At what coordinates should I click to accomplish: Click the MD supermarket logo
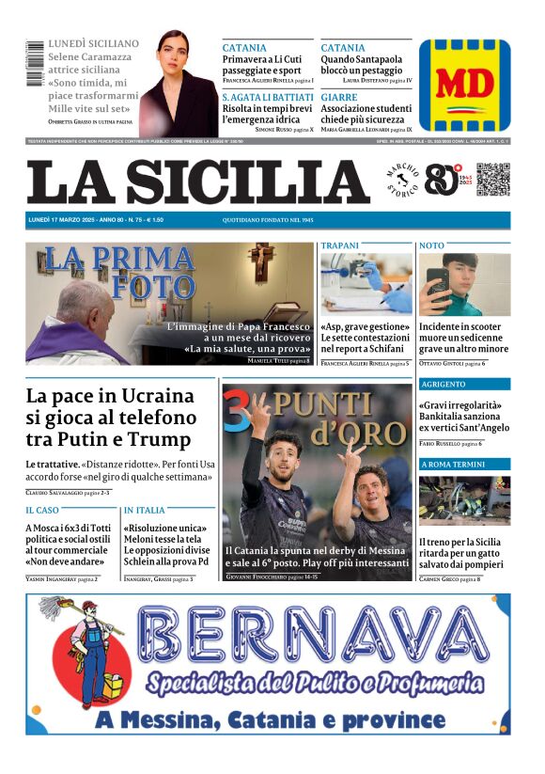coord(464,85)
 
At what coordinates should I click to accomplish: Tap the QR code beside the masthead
coord(492,180)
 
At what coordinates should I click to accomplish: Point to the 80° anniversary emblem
coord(442,180)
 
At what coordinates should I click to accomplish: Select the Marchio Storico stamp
coord(402,181)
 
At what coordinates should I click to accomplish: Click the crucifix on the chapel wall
coord(260,261)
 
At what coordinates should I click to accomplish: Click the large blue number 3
coord(237,411)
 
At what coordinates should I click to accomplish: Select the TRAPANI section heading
coord(339,245)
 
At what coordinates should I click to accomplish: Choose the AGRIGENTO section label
coord(444,385)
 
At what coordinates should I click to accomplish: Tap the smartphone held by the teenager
coord(439,283)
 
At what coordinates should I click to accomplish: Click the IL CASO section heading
coord(43,510)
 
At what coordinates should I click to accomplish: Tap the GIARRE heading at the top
coord(338,97)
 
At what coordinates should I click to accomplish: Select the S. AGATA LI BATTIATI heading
coord(266,97)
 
